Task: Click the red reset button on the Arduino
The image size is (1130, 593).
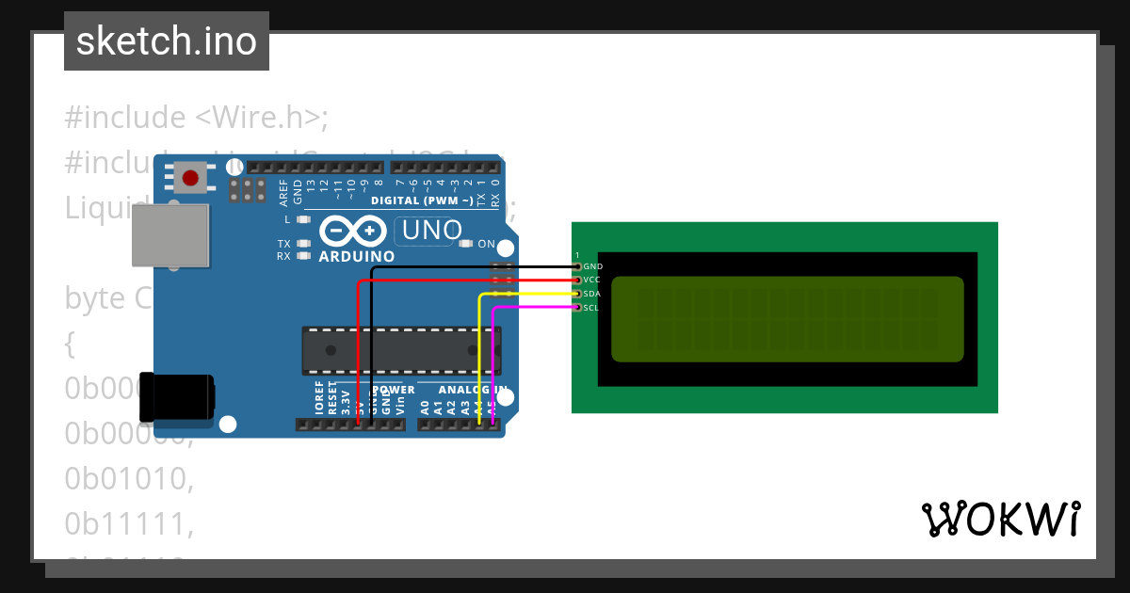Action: click(191, 177)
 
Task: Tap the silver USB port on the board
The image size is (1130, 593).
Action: click(169, 234)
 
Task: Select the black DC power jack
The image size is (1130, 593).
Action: click(176, 396)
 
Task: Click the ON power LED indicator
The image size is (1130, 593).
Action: click(465, 244)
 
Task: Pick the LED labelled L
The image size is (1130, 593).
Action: click(302, 219)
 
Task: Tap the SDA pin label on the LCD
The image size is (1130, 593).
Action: click(592, 294)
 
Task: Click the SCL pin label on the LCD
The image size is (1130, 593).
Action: click(591, 308)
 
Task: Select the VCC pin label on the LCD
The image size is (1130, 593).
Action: click(591, 280)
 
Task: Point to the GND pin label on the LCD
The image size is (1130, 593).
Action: click(592, 266)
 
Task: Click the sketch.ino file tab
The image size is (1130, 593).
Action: click(167, 41)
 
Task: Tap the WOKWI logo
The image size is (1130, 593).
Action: click(1000, 519)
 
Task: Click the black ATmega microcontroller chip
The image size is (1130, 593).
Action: click(400, 349)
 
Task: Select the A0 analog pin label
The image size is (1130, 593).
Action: click(425, 407)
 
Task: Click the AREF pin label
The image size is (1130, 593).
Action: click(283, 192)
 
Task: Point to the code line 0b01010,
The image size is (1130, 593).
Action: click(129, 479)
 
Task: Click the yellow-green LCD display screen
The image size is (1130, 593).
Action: click(787, 319)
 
